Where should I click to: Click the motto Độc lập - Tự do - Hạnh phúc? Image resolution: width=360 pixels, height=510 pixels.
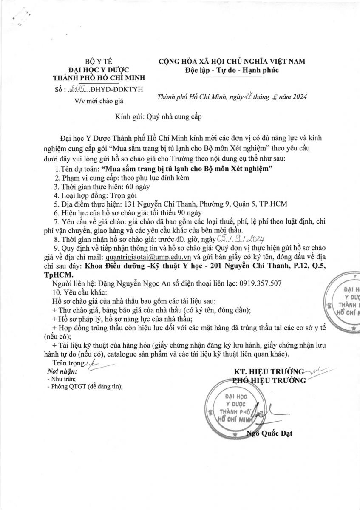pyautogui.click(x=232, y=70)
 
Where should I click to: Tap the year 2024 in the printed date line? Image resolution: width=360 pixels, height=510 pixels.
pyautogui.click(x=298, y=97)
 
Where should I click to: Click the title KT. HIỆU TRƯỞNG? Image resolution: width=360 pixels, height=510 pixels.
pyautogui.click(x=269, y=371)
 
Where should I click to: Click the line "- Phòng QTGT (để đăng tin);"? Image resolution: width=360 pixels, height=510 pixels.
pyautogui.click(x=85, y=386)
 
